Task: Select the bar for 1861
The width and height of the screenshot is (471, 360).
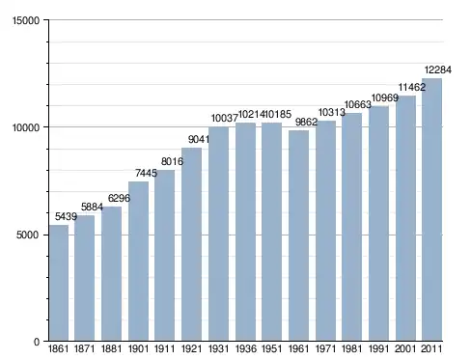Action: (59, 283)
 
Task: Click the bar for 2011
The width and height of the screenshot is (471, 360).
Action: (431, 209)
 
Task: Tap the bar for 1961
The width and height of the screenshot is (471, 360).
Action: (298, 235)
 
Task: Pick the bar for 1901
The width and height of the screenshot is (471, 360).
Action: (138, 262)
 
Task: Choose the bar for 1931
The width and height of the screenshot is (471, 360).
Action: (218, 234)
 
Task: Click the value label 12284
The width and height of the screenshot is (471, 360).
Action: (438, 69)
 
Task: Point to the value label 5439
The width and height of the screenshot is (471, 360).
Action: (66, 216)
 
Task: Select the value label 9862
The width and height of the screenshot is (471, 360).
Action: (306, 122)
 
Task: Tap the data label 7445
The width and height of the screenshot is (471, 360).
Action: (146, 173)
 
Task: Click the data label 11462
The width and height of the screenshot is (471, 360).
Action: (412, 87)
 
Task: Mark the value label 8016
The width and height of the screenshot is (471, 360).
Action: (172, 161)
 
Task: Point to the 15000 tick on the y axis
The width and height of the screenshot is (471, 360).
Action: (26, 20)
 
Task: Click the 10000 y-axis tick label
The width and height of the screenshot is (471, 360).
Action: (26, 127)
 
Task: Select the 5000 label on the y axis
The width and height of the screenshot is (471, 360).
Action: (28, 235)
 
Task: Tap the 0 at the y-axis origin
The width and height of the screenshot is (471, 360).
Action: (37, 342)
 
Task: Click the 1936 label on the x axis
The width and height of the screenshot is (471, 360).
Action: (246, 348)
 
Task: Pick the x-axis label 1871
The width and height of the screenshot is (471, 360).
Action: (85, 348)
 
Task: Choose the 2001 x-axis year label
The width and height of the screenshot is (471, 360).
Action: (405, 348)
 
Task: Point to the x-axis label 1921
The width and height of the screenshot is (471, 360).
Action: (192, 348)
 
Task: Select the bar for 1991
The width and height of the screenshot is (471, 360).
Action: (378, 223)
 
